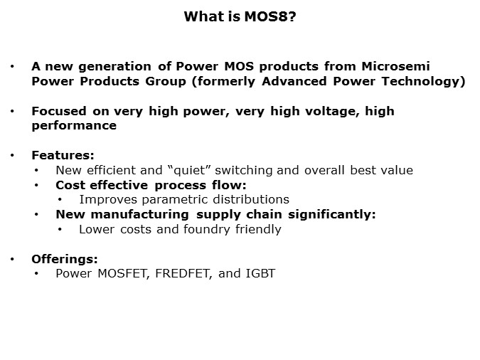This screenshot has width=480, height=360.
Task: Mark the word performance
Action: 74,125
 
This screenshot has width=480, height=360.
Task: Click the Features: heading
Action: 63,155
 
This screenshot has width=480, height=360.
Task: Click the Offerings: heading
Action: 65,259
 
